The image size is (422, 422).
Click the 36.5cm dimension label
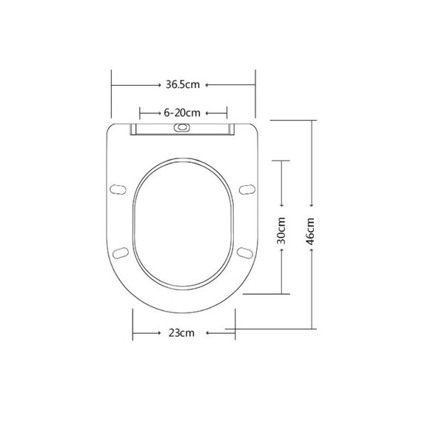[183, 85]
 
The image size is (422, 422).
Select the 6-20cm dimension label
[182, 113]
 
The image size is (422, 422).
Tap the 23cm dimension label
[181, 333]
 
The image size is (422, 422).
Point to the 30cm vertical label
[281, 230]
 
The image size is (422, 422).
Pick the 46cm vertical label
[311, 231]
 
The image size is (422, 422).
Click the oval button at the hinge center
[182, 127]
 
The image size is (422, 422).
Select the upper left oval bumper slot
[118, 190]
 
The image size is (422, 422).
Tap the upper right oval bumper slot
[247, 190]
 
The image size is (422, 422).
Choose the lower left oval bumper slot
[120, 253]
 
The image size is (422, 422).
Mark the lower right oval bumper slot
[245, 253]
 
